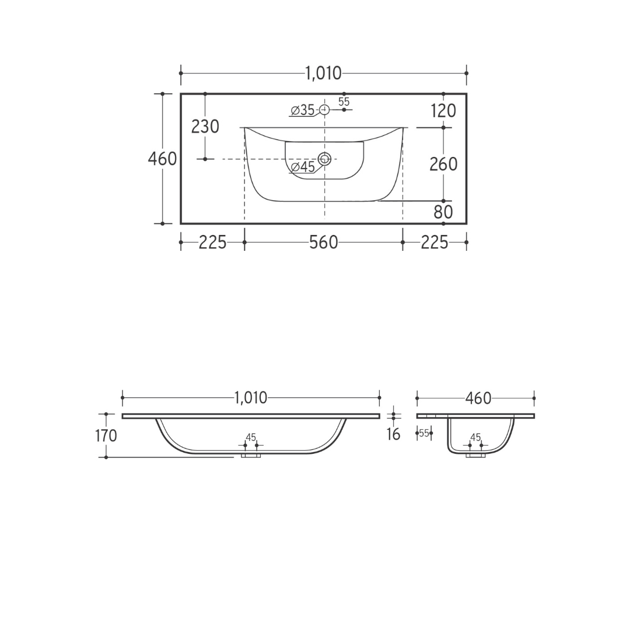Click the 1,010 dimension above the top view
(x=323, y=73)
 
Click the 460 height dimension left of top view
(x=162, y=159)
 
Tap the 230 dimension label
(x=205, y=127)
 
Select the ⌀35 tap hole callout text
(x=303, y=110)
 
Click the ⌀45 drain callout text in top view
(x=303, y=167)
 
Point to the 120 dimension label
(x=443, y=111)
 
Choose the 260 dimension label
(x=443, y=164)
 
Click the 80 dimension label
(x=443, y=212)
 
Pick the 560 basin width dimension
(x=323, y=242)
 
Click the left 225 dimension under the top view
(x=212, y=242)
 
